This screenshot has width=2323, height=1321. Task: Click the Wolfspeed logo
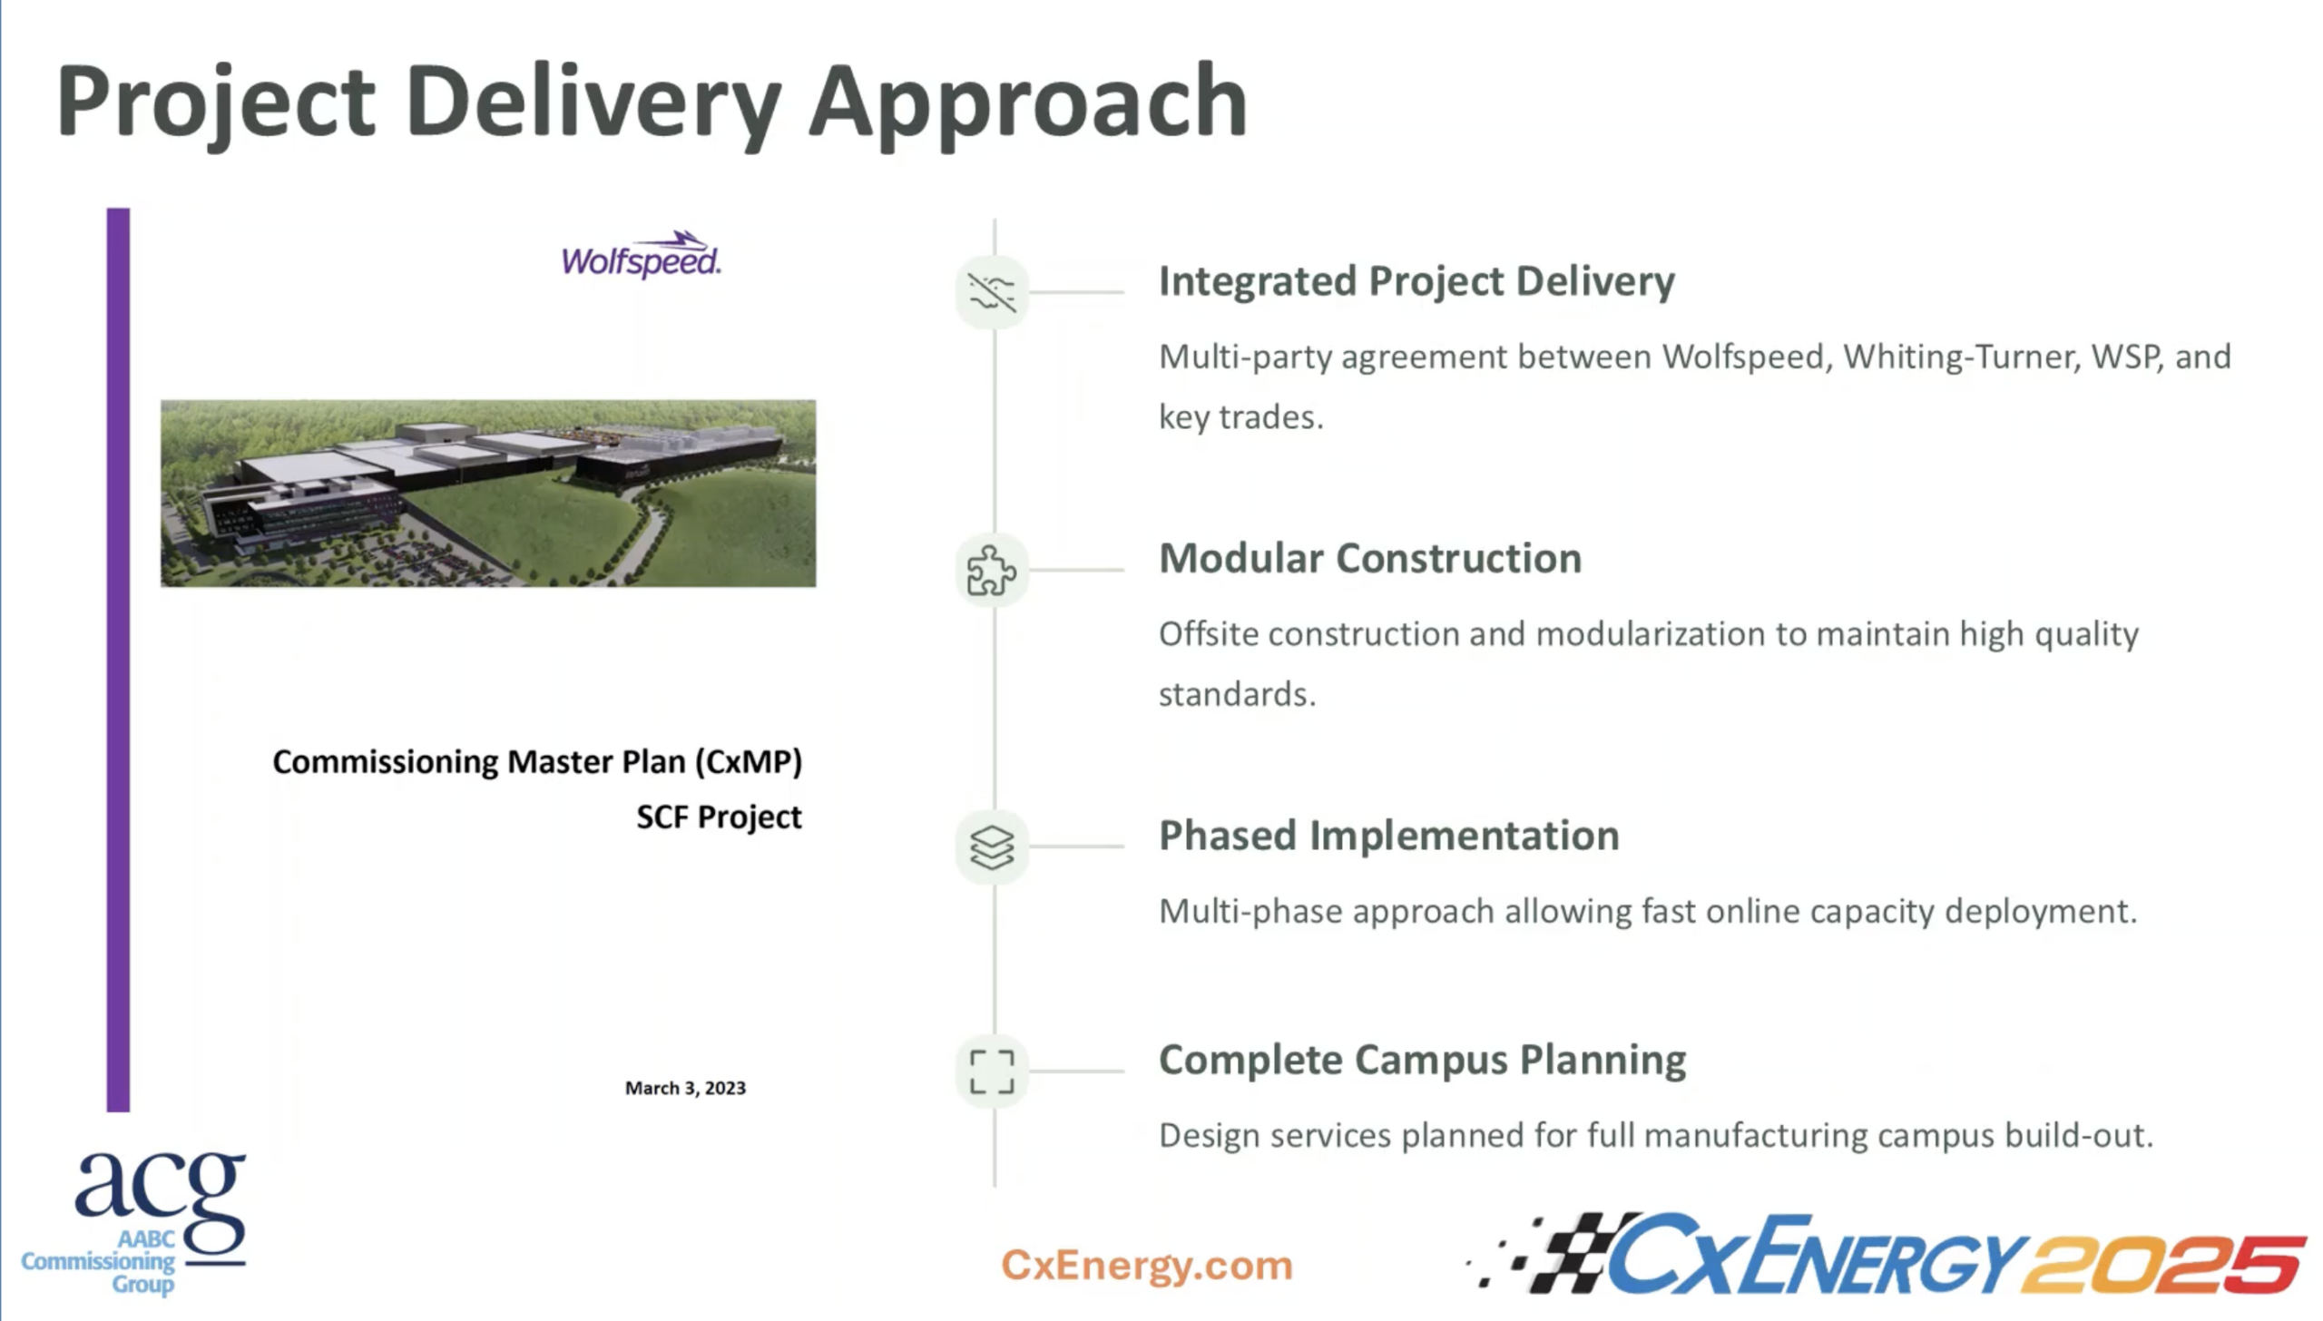(x=641, y=256)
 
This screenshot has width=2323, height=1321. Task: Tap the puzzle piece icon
(x=991, y=571)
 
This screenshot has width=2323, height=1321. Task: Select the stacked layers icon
(x=991, y=847)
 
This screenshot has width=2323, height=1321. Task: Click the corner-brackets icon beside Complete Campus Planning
(x=991, y=1071)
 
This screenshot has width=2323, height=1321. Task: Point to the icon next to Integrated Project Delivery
(x=991, y=292)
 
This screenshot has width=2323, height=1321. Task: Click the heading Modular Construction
(x=1369, y=558)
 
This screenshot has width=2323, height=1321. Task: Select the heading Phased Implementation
(x=1388, y=836)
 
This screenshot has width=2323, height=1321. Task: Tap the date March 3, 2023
(x=685, y=1088)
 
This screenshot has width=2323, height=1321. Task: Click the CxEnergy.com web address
(x=1146, y=1265)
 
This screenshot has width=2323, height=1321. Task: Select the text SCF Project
(x=719, y=817)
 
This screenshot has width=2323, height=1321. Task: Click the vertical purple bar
(x=118, y=660)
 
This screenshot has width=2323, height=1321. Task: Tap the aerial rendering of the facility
(x=488, y=494)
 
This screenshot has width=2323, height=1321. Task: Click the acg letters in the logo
(x=160, y=1190)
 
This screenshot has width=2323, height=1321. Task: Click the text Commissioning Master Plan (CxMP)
(x=537, y=761)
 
